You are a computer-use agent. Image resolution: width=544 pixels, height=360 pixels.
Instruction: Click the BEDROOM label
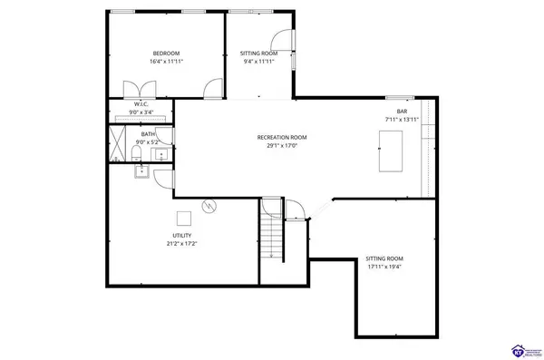click(166, 54)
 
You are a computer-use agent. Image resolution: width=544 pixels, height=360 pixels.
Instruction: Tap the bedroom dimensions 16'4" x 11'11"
click(166, 62)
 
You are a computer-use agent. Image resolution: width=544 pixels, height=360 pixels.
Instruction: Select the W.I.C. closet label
click(141, 104)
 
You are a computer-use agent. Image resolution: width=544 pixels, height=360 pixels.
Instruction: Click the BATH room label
click(147, 134)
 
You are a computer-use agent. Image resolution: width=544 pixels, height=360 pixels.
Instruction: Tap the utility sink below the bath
click(141, 170)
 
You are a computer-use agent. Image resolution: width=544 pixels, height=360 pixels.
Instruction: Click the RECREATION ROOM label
click(282, 137)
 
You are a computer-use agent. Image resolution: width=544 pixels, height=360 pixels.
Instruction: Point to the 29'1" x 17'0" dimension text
click(282, 145)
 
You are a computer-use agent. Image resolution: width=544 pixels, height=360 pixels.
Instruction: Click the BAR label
click(402, 112)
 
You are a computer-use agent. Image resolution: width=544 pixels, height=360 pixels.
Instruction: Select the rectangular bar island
click(392, 149)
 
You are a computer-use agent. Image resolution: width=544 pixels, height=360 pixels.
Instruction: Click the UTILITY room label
click(181, 235)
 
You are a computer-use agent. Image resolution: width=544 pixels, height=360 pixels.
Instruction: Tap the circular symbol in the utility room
click(209, 206)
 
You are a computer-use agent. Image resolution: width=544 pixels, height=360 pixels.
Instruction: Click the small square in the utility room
click(184, 218)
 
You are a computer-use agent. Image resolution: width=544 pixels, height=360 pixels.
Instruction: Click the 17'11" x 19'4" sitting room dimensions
click(384, 267)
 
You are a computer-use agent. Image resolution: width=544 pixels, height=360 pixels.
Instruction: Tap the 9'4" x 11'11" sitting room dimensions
click(257, 62)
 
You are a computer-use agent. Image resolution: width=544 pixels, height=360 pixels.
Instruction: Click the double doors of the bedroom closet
click(141, 88)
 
